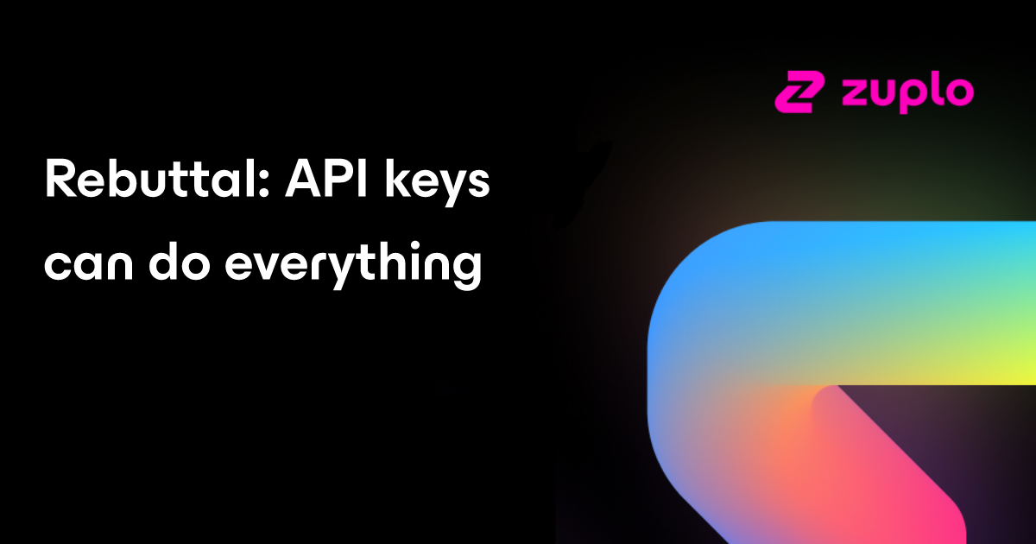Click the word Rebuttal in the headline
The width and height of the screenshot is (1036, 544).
tap(156, 179)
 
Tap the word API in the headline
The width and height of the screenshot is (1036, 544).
tap(326, 180)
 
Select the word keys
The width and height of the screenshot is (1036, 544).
tap(437, 183)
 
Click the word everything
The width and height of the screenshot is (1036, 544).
tap(354, 265)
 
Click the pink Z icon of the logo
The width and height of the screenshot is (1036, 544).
tap(800, 92)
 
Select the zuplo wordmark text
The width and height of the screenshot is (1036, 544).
tap(908, 92)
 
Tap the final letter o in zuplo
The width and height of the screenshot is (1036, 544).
tap(959, 92)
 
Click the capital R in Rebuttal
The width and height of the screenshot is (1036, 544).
tap(60, 180)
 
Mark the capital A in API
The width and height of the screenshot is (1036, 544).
tap(303, 180)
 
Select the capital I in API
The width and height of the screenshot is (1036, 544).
tap(363, 180)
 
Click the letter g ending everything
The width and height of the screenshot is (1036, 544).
tap(467, 270)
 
